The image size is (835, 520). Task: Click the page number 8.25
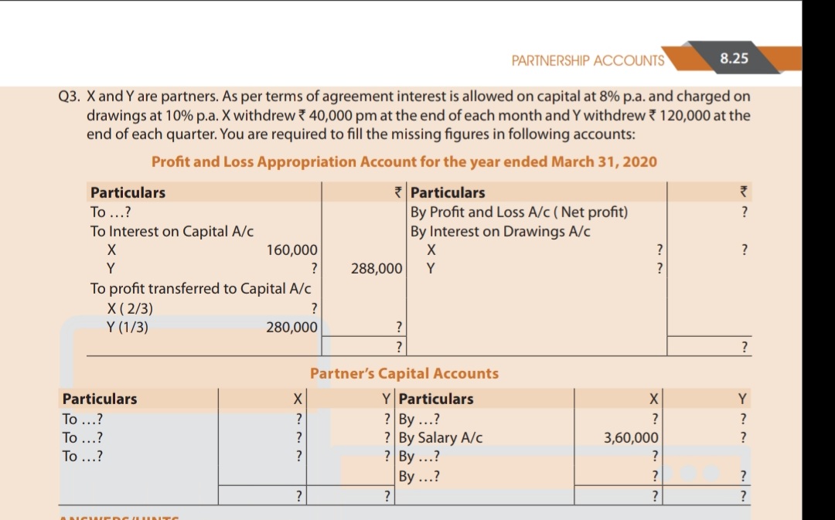point(734,58)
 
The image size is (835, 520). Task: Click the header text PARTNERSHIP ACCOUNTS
point(588,60)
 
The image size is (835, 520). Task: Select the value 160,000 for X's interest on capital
point(291,250)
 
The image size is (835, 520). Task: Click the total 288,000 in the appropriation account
point(376,269)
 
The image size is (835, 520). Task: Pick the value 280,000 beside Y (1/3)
point(291,327)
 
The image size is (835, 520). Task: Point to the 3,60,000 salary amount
point(630,438)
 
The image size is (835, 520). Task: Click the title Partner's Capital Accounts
point(404,373)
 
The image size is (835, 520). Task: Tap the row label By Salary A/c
point(441,438)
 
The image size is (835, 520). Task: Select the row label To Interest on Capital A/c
point(172,231)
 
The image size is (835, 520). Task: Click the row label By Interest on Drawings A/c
point(500,231)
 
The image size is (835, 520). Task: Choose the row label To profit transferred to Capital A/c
point(200,289)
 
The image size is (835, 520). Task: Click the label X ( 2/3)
point(130,308)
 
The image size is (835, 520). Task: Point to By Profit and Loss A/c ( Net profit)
point(519,212)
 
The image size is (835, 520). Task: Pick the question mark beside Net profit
point(744,212)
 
